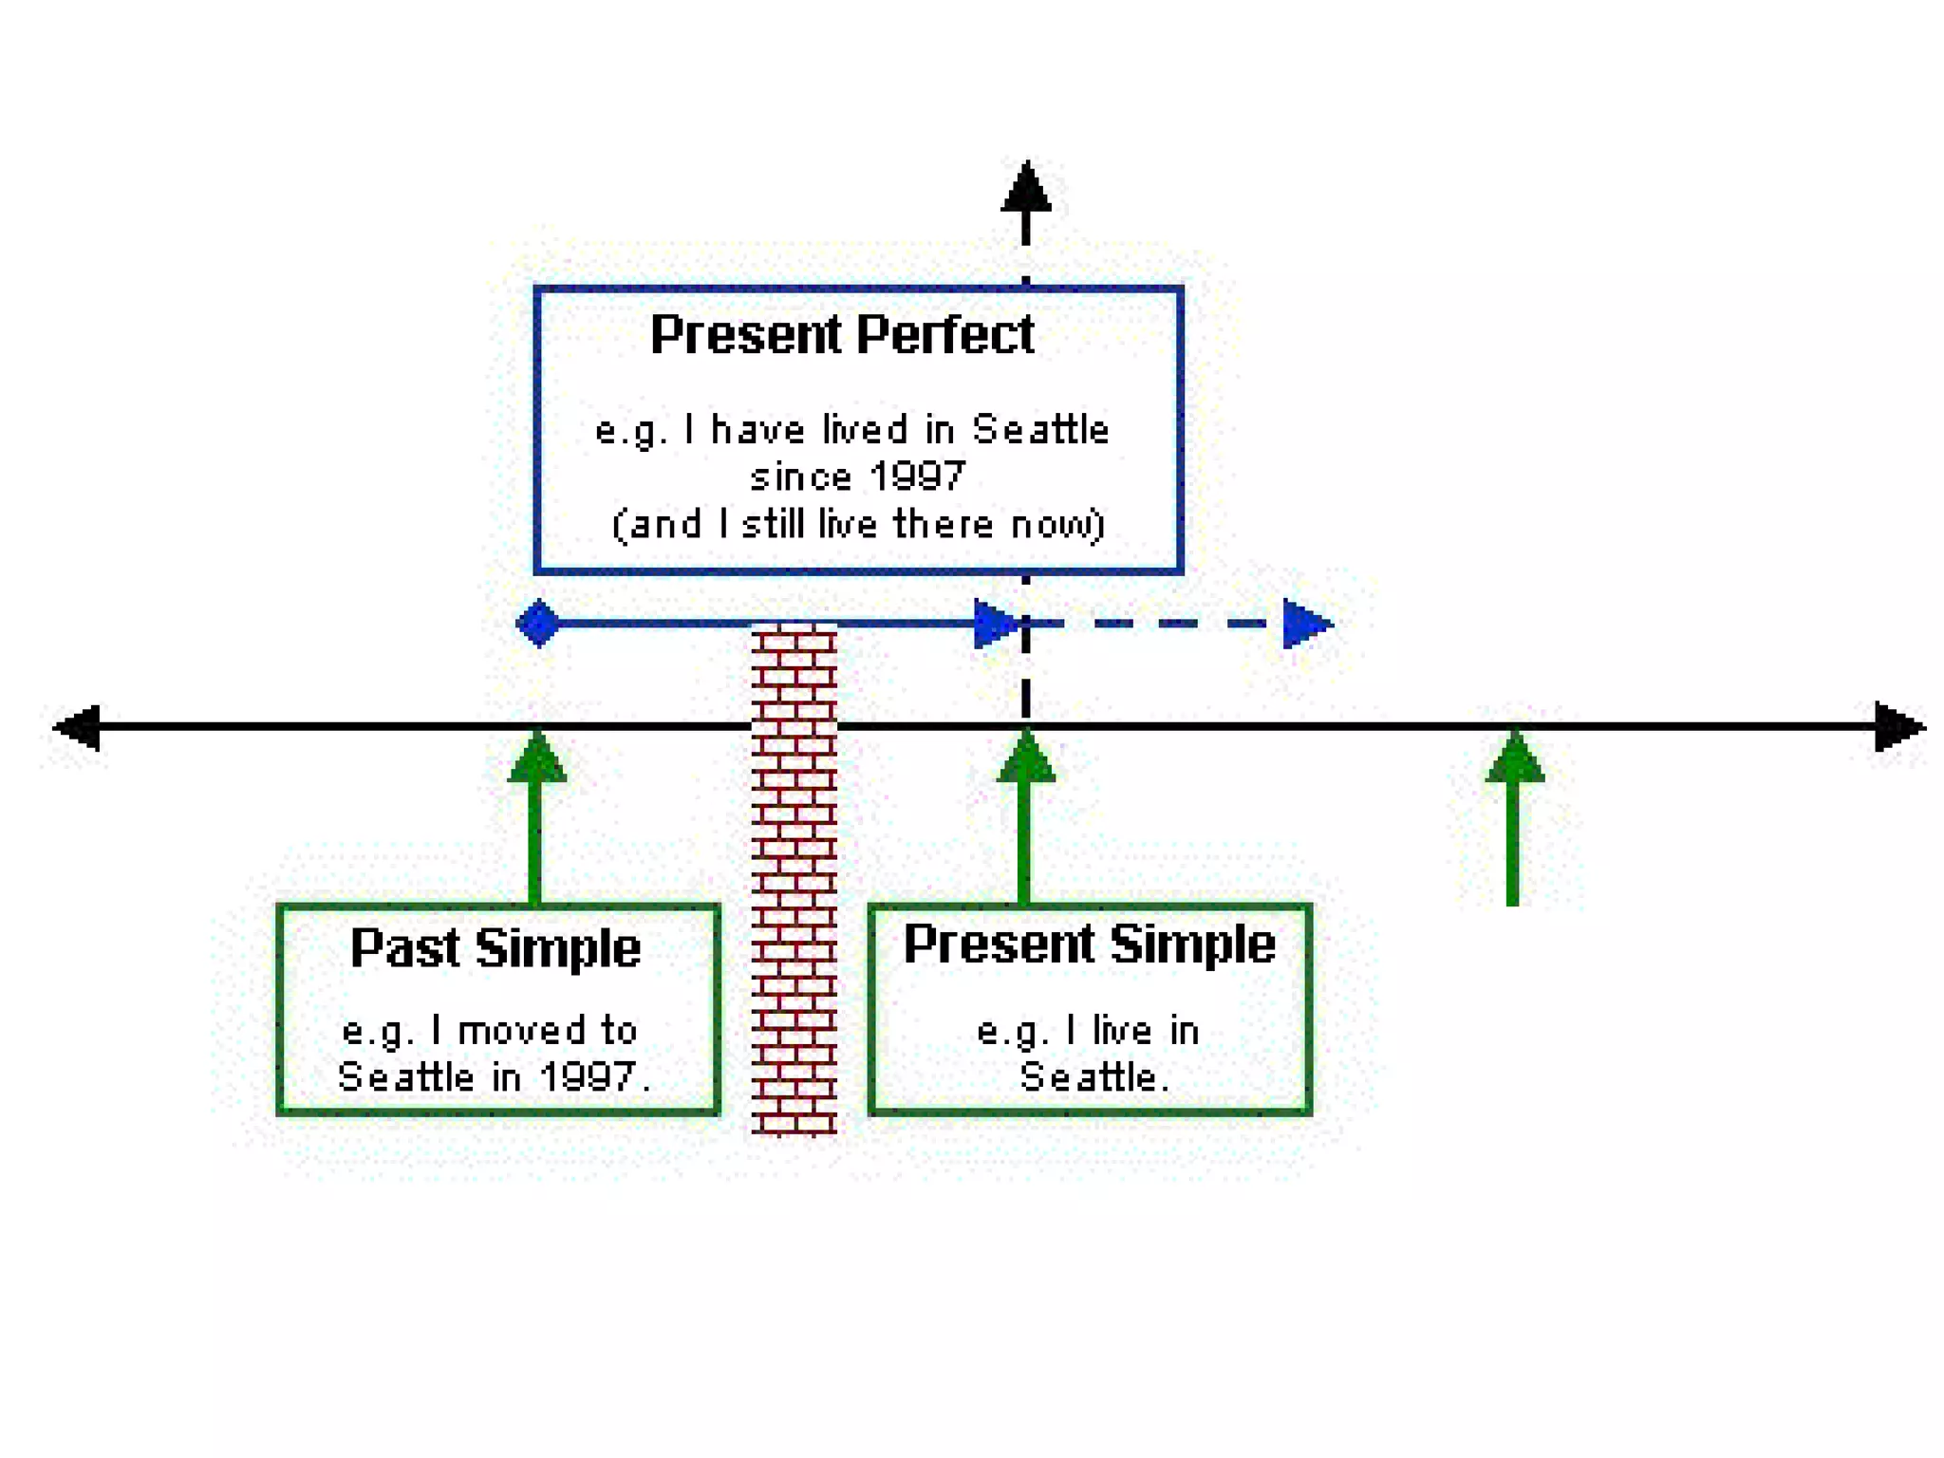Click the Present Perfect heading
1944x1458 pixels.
point(841,334)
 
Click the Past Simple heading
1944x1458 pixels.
point(495,947)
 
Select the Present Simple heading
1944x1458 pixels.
point(1089,944)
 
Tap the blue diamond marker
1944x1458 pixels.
point(538,624)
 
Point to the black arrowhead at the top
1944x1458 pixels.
point(1026,189)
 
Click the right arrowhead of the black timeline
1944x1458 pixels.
point(1897,727)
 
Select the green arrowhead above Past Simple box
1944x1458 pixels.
point(537,759)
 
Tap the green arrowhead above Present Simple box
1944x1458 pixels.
point(1026,759)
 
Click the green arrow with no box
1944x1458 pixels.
point(1514,816)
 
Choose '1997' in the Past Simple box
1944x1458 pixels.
point(587,1076)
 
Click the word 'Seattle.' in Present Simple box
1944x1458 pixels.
point(1092,1077)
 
